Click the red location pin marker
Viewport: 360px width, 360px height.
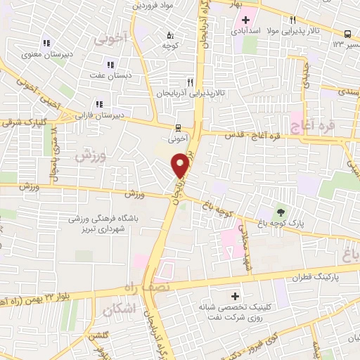point(181,165)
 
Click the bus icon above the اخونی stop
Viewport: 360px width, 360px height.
point(177,128)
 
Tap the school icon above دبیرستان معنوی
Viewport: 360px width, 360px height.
point(47,43)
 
